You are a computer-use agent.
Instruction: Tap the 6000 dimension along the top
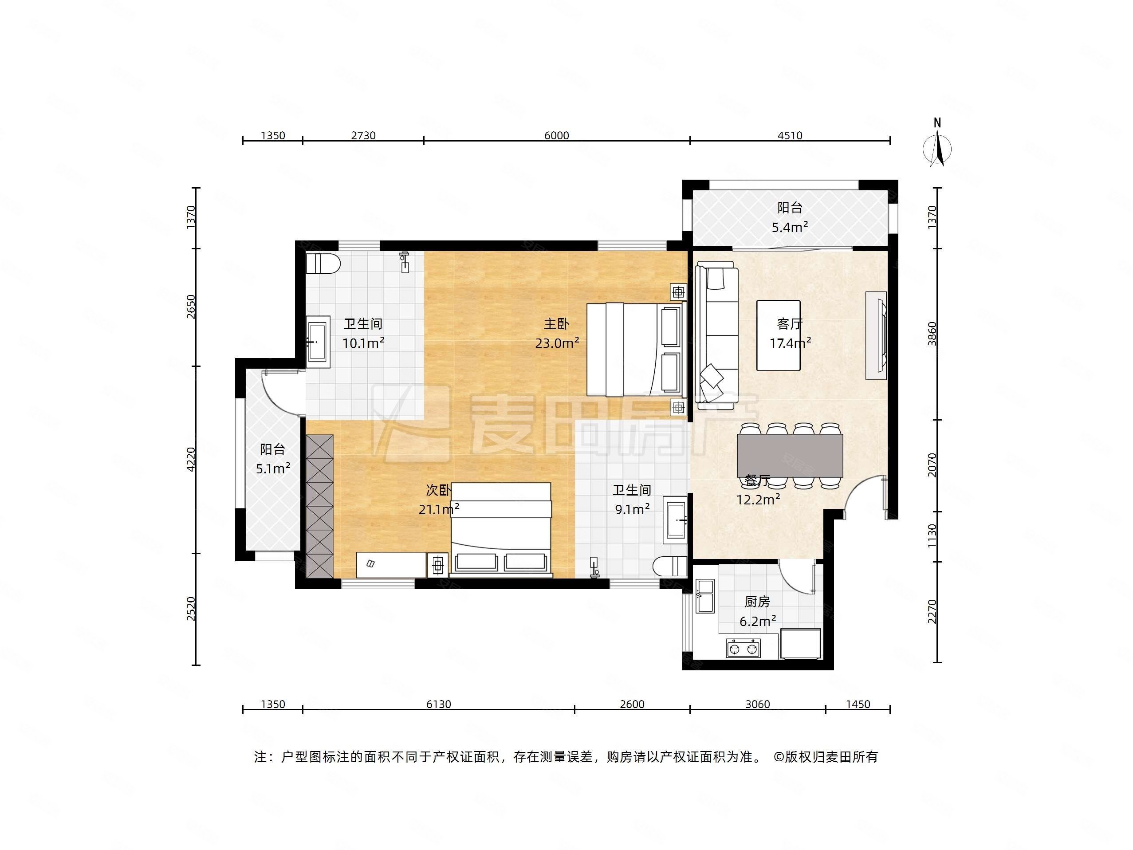pos(556,135)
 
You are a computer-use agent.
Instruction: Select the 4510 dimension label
pos(789,135)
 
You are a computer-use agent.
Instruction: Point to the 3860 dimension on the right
pos(932,334)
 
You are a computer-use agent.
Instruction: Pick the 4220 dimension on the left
pos(191,459)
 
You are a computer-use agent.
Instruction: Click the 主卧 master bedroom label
pos(556,324)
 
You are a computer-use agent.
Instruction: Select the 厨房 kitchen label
pos(757,602)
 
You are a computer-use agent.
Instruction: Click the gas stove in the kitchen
pos(743,649)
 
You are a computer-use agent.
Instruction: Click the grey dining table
pos(789,456)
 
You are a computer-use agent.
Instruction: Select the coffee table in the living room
pos(778,335)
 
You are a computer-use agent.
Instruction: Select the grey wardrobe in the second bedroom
pos(319,506)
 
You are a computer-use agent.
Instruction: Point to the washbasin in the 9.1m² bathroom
pos(675,519)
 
